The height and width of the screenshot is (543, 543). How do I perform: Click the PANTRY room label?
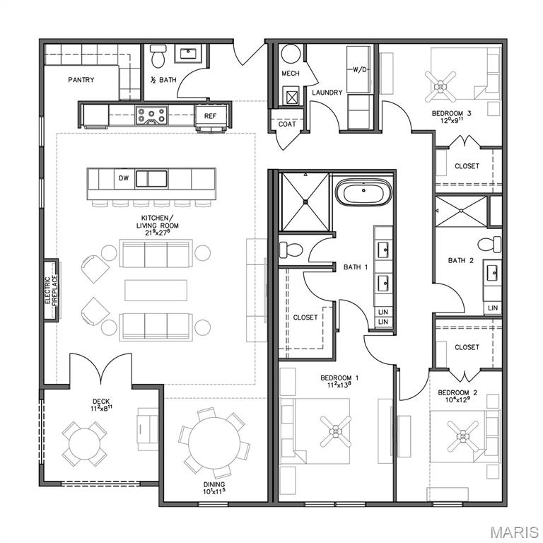(x=81, y=80)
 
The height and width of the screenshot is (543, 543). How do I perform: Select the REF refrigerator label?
(x=211, y=116)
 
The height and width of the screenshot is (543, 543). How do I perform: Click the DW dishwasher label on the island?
(x=123, y=178)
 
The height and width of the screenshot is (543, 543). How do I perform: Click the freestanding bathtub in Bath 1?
(x=361, y=192)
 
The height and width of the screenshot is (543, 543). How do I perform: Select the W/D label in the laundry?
(x=358, y=70)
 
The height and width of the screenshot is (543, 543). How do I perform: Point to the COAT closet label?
(x=287, y=124)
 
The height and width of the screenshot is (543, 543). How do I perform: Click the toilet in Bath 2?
(x=487, y=245)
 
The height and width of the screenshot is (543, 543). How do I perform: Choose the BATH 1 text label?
(x=356, y=267)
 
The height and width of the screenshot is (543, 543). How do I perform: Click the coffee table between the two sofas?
(x=156, y=290)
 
